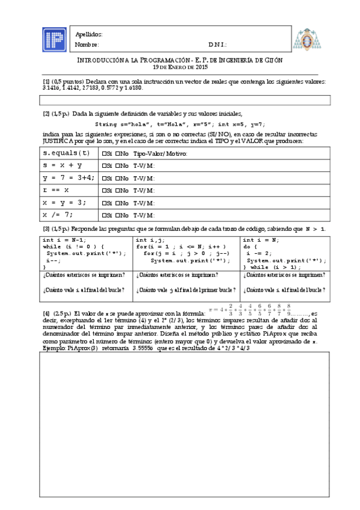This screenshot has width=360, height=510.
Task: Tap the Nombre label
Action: point(87,45)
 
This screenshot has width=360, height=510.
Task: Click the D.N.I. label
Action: point(218,45)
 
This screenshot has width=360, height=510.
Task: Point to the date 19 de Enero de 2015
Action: point(180,67)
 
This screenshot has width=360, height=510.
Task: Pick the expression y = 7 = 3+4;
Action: point(66,177)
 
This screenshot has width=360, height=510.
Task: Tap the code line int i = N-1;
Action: point(64,239)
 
